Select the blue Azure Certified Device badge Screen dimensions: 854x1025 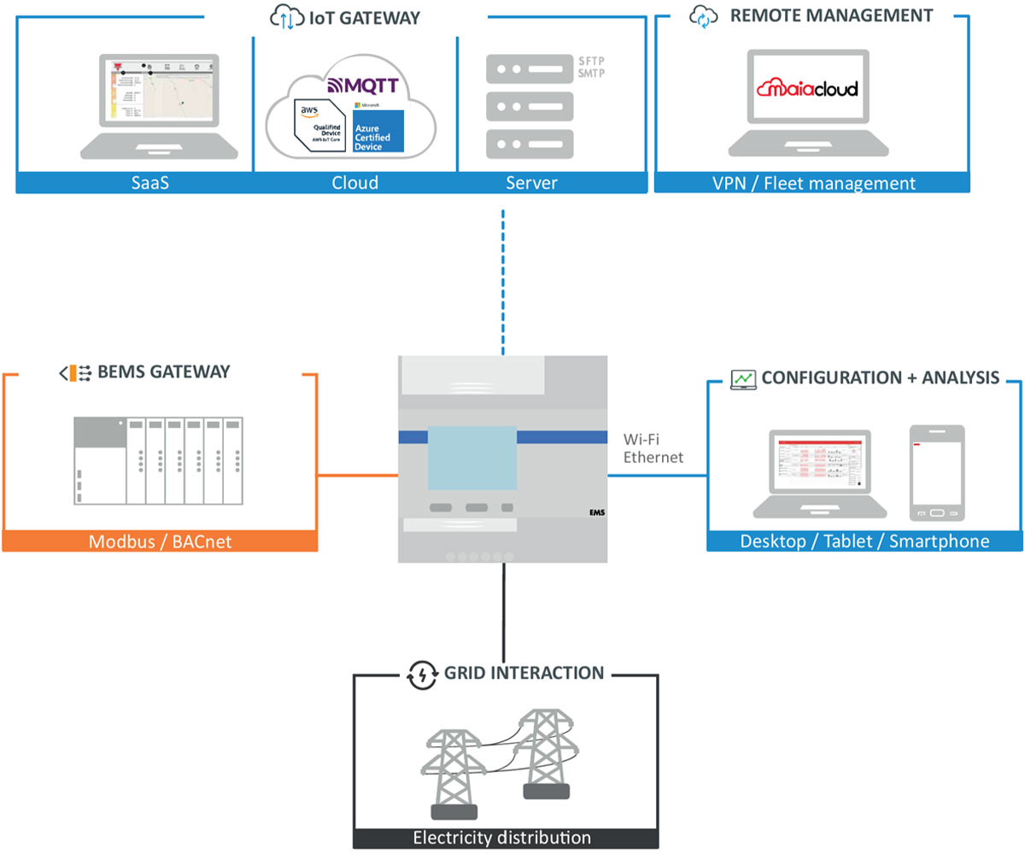coord(378,131)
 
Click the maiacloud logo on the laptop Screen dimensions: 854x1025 coord(808,89)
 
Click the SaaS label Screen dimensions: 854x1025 coord(150,183)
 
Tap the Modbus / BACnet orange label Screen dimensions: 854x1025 coord(160,541)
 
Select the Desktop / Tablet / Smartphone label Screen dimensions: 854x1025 coord(864,541)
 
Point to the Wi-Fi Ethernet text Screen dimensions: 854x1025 coord(653,449)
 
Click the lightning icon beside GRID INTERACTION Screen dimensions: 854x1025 coord(423,674)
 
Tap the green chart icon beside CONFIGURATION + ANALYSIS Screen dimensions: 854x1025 coord(743,377)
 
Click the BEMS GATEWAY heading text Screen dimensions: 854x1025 coord(164,372)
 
